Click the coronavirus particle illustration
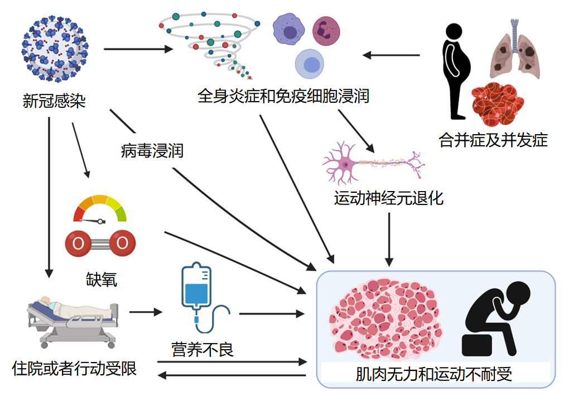55,49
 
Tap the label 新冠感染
54,101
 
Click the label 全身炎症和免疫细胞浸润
283,96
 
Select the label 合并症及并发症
493,140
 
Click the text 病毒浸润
152,150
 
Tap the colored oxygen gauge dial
100,209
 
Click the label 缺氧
102,279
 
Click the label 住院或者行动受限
74,369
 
